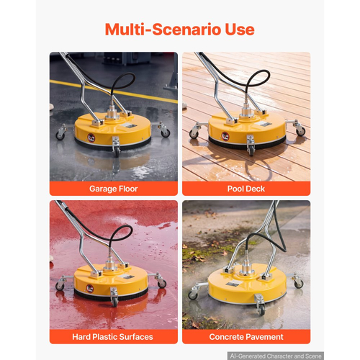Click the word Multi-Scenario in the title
[163, 30]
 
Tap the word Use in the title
[240, 30]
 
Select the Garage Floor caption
[114, 189]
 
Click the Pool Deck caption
[246, 189]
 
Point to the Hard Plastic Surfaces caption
[112, 337]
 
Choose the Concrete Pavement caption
[246, 337]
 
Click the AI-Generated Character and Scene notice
[276, 356]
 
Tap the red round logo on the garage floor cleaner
[91, 138]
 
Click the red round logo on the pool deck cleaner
[225, 136]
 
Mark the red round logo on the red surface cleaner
[90, 289]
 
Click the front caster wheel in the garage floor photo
[117, 152]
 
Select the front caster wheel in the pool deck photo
[251, 150]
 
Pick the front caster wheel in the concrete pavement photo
[261, 310]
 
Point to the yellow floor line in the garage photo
[114, 91]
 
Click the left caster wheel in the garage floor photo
[60, 135]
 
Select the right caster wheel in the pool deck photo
[300, 131]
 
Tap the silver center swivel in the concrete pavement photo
[247, 270]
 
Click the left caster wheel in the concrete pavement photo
[193, 295]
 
